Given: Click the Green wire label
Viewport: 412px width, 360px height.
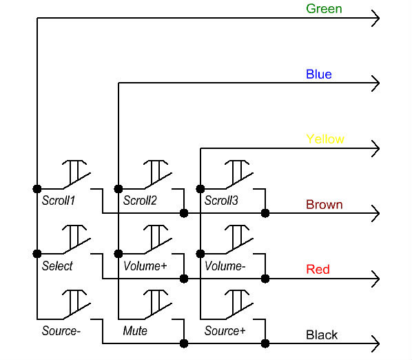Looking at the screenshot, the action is pyautogui.click(x=324, y=9).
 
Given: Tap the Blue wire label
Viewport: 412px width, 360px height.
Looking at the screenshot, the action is pyautogui.click(x=319, y=74).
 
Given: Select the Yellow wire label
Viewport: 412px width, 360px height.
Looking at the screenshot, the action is pyautogui.click(x=325, y=139).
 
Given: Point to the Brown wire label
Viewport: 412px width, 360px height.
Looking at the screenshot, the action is pyautogui.click(x=325, y=205).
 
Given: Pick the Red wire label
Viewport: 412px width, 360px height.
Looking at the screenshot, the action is pyautogui.click(x=318, y=270).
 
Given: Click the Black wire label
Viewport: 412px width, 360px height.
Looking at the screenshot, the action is pyautogui.click(x=322, y=335).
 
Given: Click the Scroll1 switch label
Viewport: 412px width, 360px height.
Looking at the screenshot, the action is pyautogui.click(x=59, y=201).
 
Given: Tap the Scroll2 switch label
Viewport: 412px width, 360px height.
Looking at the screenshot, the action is pyautogui.click(x=140, y=201).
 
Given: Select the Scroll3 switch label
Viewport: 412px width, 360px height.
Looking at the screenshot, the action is pyautogui.click(x=221, y=201).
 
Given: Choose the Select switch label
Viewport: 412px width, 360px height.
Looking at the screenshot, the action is pyautogui.click(x=57, y=266).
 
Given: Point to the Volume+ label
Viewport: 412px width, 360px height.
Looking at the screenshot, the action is pyautogui.click(x=145, y=266).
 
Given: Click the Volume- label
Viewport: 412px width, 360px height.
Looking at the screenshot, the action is pyautogui.click(x=225, y=266).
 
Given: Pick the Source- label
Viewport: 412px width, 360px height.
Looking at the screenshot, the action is pyautogui.click(x=61, y=331).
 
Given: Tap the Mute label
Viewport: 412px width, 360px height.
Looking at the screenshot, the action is pyautogui.click(x=135, y=331).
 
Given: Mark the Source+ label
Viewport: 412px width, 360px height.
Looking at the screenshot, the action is pyautogui.click(x=225, y=331).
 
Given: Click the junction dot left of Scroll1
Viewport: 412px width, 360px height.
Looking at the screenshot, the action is pyautogui.click(x=37, y=189).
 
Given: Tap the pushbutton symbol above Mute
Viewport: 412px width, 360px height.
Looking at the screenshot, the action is pyautogui.click(x=158, y=305).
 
